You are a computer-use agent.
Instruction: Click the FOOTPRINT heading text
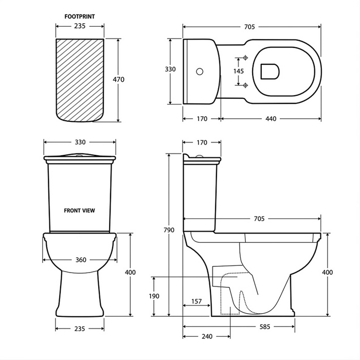79,16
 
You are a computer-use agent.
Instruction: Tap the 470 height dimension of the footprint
119,80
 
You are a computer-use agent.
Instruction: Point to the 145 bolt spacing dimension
239,71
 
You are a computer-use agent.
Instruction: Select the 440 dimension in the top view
271,119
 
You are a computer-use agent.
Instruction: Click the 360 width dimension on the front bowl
80,260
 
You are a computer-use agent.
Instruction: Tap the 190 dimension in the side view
155,296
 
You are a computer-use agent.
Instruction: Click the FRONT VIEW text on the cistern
79,210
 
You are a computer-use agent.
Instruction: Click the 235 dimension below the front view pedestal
79,328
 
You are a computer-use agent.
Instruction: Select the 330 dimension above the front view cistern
80,142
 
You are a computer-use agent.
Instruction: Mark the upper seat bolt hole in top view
245,58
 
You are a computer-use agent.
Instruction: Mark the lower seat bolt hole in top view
245,85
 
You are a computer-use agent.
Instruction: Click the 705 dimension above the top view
250,27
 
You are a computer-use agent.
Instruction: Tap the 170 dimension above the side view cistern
202,142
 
